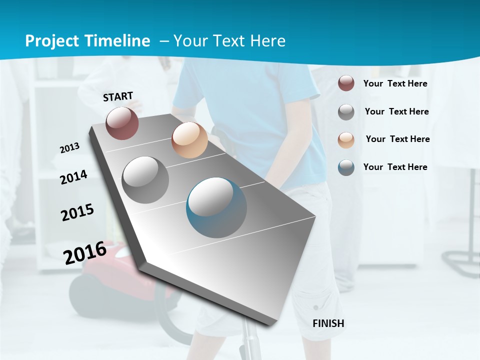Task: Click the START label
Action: pos(118,96)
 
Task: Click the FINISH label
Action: pos(328,323)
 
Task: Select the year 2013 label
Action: pos(69,148)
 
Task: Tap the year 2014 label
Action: pos(73,177)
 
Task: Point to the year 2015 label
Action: pos(77,212)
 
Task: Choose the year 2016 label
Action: pos(85,252)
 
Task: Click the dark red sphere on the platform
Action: pos(122,123)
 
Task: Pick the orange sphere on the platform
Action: pos(189,140)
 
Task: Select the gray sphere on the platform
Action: pos(145,180)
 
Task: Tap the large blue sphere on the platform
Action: pos(216,207)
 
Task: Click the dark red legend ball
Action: pos(346,83)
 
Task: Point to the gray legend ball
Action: pos(346,112)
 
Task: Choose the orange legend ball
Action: pos(346,140)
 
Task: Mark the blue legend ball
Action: pos(346,167)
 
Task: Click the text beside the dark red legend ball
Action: pos(395,83)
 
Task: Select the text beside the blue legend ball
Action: pos(395,167)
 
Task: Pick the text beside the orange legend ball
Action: pos(397,139)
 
